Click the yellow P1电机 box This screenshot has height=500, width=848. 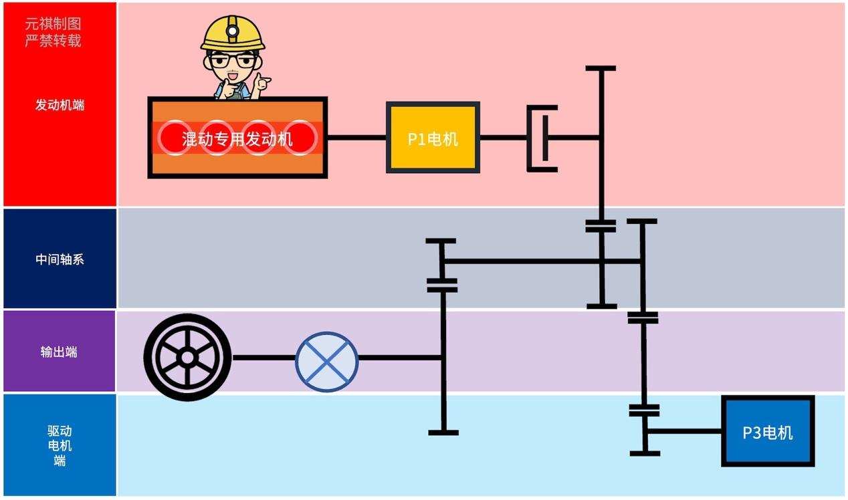point(433,138)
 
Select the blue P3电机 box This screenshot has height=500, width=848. point(768,431)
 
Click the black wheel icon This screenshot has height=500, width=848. point(187,358)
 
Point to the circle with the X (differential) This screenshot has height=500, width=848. point(327,362)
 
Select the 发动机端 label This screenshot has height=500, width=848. point(60,105)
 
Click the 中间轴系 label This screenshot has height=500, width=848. point(60,259)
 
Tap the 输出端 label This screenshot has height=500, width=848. point(59,352)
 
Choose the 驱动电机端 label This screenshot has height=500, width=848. point(60,445)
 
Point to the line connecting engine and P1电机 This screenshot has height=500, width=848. point(356,138)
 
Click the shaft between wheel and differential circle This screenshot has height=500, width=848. point(263,358)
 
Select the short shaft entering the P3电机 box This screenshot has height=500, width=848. point(685,431)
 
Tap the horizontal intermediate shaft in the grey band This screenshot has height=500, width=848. point(522,261)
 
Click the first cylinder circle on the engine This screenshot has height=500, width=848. point(175,137)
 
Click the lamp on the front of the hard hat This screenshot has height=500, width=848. point(232,28)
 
